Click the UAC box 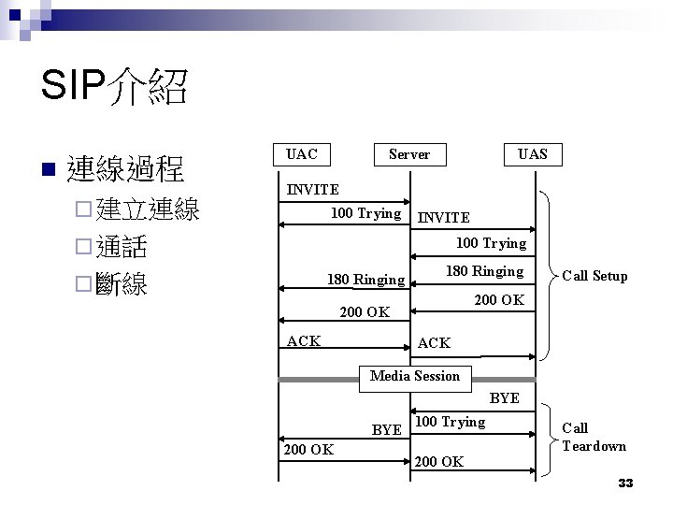[x=302, y=153]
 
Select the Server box [x=408, y=153]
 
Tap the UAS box [x=533, y=153]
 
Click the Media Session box [x=415, y=376]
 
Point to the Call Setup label [x=594, y=276]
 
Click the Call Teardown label [x=594, y=437]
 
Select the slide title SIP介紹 [x=114, y=90]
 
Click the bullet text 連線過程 [x=126, y=169]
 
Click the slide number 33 [x=625, y=483]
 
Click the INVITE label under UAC [x=312, y=190]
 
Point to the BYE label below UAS [x=504, y=398]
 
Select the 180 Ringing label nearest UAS [x=483, y=271]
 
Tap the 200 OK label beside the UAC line [x=308, y=450]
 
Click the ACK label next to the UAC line [x=305, y=340]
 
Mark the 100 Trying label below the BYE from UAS [x=450, y=422]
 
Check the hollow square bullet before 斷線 [x=82, y=284]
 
